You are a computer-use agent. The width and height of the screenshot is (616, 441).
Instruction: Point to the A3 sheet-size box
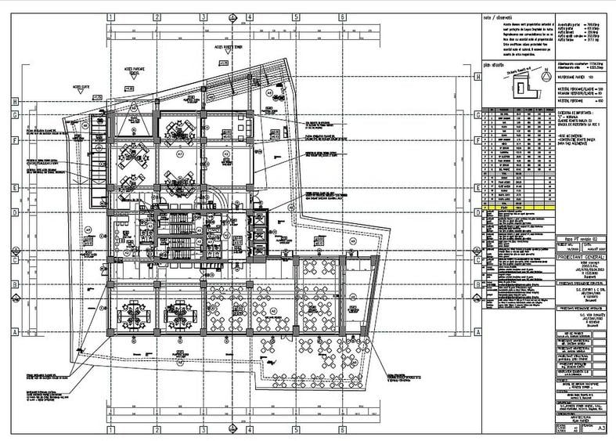click(x=601, y=428)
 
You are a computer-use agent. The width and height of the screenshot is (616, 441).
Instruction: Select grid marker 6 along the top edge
click(x=342, y=15)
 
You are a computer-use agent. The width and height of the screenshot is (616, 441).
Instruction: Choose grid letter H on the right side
click(x=476, y=77)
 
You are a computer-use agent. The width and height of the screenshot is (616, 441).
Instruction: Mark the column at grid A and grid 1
click(x=107, y=332)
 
